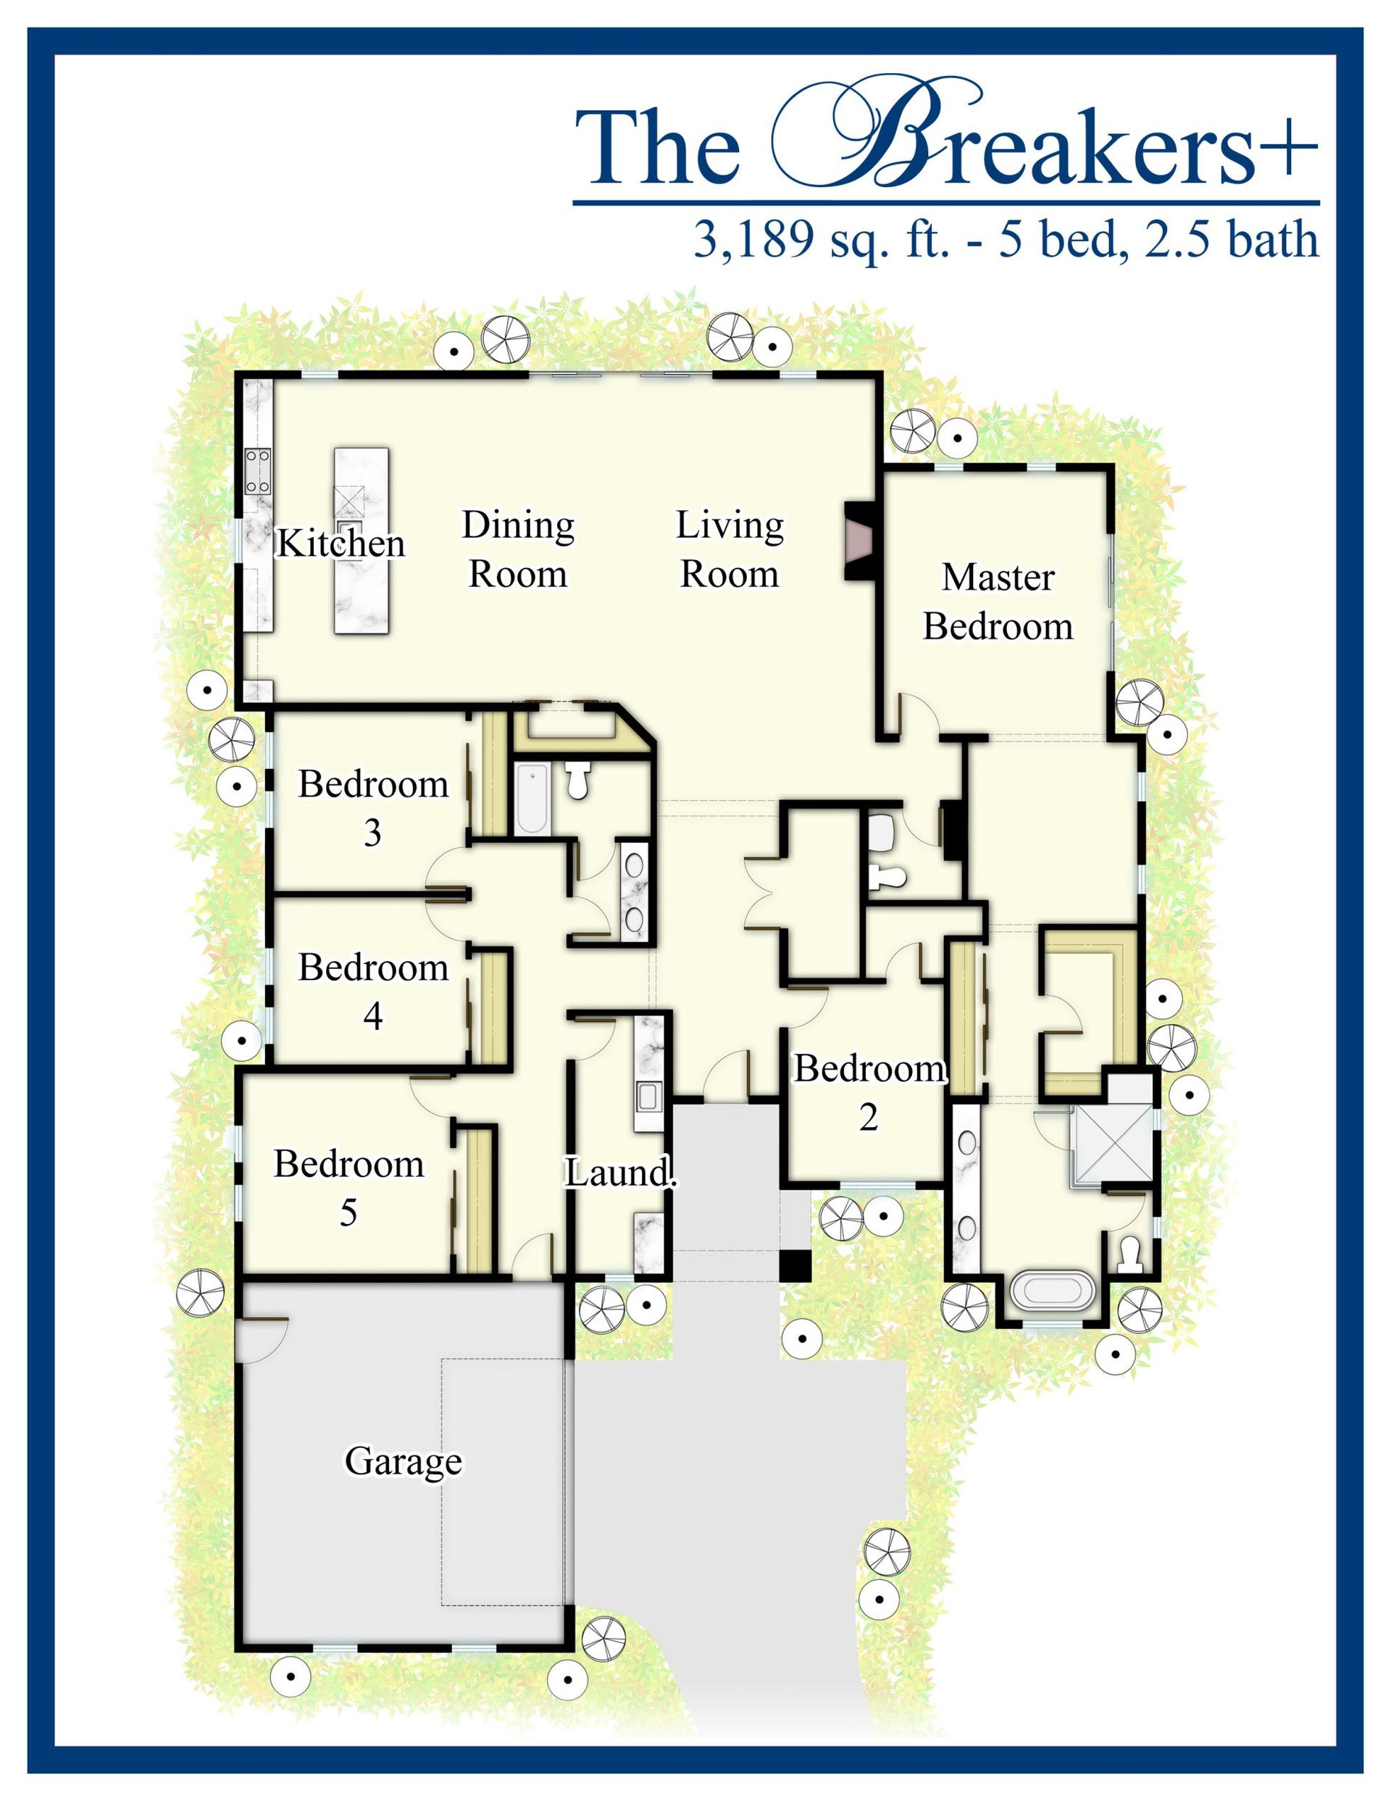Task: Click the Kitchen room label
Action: click(341, 544)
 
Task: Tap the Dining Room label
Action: click(518, 549)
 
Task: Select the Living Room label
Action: click(730, 549)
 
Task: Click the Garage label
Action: click(404, 1462)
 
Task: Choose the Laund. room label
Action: click(620, 1172)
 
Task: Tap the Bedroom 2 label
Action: click(869, 1093)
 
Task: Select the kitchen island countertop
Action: click(361, 541)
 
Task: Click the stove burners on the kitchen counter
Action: click(258, 471)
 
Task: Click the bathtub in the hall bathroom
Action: click(532, 797)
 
